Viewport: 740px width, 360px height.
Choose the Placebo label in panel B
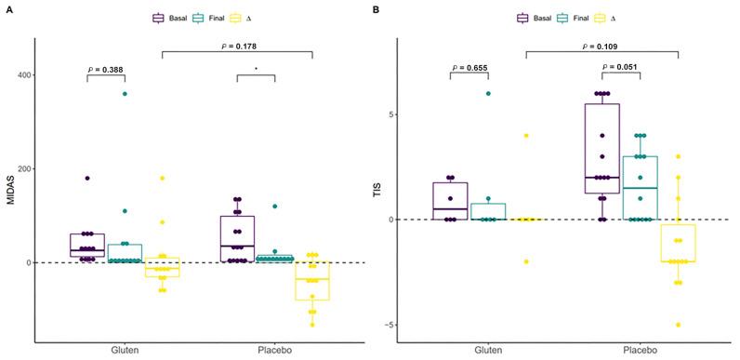641,351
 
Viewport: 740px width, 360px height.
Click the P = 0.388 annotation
105,68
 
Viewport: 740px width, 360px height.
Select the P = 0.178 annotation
237,46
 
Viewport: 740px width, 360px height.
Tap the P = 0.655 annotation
469,68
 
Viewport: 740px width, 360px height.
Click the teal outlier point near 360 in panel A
125,94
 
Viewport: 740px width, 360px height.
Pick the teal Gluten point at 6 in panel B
488,93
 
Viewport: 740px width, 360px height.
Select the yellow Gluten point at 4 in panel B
526,136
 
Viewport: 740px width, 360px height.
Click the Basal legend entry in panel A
171,18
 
